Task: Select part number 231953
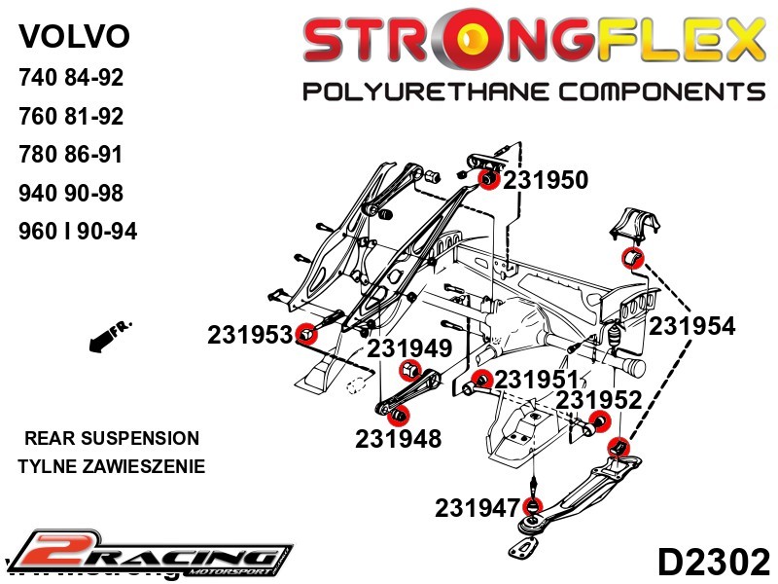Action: click(x=250, y=335)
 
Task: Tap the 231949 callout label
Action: click(x=409, y=348)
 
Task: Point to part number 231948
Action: click(x=399, y=439)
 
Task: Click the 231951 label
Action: click(x=537, y=380)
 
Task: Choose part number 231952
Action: click(x=599, y=400)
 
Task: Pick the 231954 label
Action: click(x=692, y=326)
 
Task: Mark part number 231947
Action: click(x=477, y=507)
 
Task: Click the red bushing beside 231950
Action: click(x=489, y=178)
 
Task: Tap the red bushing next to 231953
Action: click(x=307, y=333)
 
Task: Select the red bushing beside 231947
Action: click(x=532, y=506)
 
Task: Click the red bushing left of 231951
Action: click(x=479, y=380)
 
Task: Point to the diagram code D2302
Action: click(x=714, y=563)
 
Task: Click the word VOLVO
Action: click(x=74, y=36)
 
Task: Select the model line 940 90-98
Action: click(x=71, y=193)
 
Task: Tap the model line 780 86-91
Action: click(x=71, y=155)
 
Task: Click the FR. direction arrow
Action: click(x=109, y=335)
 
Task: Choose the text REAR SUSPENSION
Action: click(x=112, y=438)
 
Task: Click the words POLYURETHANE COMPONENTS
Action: click(x=534, y=91)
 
